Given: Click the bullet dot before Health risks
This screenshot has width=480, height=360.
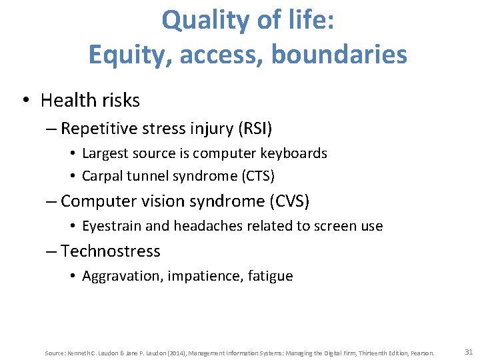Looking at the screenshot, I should pyautogui.click(x=24, y=101).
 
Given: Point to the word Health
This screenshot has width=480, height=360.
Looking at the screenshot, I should pyautogui.click(x=67, y=101).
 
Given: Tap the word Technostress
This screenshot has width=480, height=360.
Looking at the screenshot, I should pyautogui.click(x=111, y=251).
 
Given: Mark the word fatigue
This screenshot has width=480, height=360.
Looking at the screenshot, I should pyautogui.click(x=271, y=276).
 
